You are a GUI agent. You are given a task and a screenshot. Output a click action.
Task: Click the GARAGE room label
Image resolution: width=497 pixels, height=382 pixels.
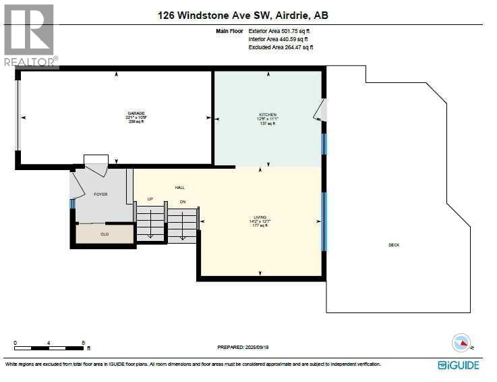click(136, 113)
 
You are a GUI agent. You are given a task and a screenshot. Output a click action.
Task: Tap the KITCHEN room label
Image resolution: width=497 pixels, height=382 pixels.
click(267, 115)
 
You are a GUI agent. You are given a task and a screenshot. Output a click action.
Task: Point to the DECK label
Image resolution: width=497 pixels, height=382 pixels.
click(394, 245)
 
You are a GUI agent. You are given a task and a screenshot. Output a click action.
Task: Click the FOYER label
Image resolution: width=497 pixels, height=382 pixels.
click(100, 194)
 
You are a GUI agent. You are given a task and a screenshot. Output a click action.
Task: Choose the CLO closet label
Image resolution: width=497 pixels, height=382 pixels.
click(105, 234)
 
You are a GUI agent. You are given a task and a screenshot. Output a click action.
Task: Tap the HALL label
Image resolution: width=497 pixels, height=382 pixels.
click(179, 188)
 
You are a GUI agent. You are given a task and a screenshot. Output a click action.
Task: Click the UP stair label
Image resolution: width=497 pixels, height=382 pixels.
click(152, 199)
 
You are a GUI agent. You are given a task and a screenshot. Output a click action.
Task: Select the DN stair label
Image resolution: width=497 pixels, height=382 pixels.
click(182, 202)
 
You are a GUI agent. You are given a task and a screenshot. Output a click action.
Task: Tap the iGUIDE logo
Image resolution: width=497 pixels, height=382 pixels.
click(459, 365)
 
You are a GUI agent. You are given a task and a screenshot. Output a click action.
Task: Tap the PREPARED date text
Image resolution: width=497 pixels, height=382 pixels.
click(247, 348)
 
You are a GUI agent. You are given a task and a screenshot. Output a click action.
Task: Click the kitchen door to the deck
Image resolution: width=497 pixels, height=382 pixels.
click(320, 110)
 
